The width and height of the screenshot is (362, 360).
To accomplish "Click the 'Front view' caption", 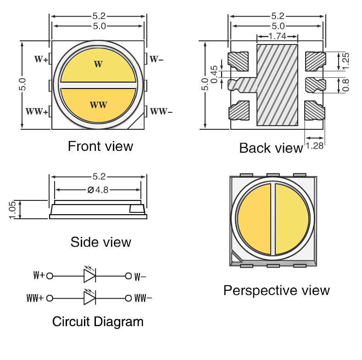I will pos(100,146).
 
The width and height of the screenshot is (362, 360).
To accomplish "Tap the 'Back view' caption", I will pos(271,148).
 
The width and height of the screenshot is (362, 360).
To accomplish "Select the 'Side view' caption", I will pos(100,242).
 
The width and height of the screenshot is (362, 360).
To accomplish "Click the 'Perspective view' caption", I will pos(276,290).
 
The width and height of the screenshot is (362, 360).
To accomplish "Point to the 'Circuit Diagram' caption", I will pos(98,321).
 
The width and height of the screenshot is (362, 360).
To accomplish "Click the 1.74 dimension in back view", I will pos(277,36).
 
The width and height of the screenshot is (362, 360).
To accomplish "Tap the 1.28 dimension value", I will pos(315,146).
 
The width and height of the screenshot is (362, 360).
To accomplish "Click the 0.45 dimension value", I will pos(214,73).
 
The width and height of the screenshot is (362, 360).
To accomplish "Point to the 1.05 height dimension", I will pos(12,210).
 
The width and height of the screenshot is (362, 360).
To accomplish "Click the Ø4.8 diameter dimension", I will pos(98,189).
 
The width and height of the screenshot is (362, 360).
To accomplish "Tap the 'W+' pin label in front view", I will pos(41,59).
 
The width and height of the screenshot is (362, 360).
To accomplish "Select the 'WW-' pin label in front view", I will pos(162,111).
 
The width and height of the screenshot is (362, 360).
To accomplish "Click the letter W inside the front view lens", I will pos(98,64).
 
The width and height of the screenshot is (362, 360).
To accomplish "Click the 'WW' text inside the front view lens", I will pos(98,105).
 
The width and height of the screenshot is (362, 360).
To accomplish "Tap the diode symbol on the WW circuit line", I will pos(89,298).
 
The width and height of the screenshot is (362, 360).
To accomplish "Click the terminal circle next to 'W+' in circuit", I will pos(50,276).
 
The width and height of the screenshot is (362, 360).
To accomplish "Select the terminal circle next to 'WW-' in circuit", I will pos(128,298).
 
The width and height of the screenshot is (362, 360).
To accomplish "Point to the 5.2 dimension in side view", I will pos(99,177).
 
